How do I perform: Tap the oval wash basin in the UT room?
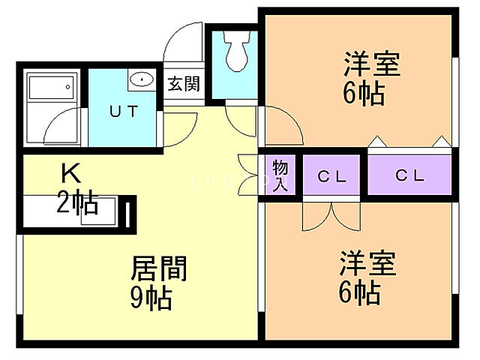140,79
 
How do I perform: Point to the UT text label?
124,112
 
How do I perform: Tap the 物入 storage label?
280,175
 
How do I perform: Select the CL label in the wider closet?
410,175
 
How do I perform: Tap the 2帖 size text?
77,202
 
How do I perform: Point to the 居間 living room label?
159,268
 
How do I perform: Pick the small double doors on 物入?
248,166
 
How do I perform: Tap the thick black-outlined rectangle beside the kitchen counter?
130,212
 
